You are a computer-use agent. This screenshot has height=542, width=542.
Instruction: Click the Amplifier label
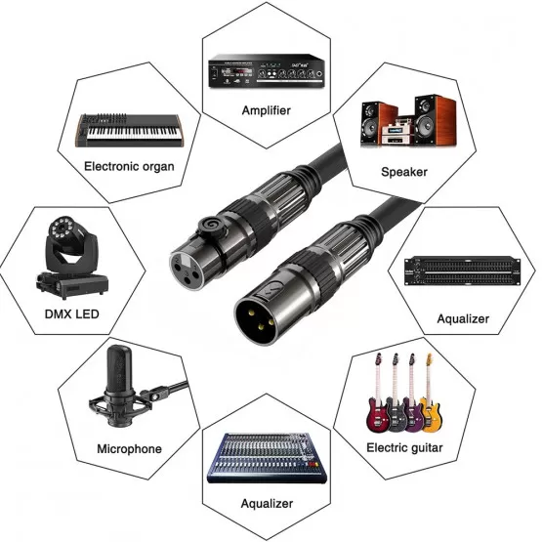[x=267, y=110]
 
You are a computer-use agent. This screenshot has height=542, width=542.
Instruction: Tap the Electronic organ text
[x=129, y=167]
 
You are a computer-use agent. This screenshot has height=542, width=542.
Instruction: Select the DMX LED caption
[x=72, y=313]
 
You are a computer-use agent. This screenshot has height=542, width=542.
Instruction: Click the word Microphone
[x=129, y=448]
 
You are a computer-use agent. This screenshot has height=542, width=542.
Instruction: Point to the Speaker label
[x=404, y=172]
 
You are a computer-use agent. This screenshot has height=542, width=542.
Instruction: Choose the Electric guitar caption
[x=404, y=447]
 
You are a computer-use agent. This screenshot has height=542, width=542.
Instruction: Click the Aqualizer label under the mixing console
[x=267, y=503]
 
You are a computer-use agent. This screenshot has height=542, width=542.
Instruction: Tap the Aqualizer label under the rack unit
[x=463, y=318]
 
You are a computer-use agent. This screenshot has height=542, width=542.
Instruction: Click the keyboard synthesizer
[x=129, y=130]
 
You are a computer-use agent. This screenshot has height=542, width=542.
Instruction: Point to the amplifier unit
[x=267, y=71]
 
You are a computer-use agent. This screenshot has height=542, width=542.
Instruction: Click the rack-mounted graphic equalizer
[x=463, y=271]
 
